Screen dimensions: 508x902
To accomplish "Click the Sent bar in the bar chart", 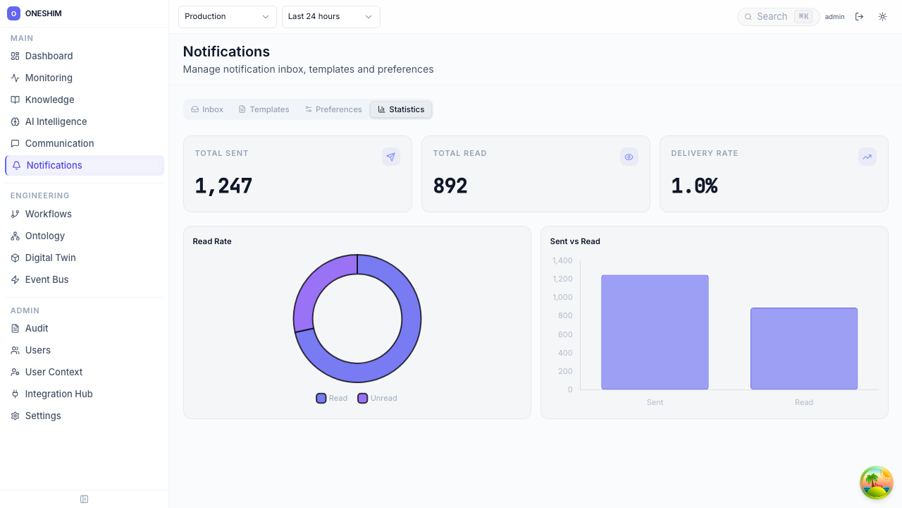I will (x=655, y=332).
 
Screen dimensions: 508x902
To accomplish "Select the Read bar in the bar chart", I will (x=804, y=348).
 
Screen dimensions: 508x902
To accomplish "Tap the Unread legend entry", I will (x=378, y=398).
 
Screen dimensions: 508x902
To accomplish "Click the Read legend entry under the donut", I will (x=332, y=398).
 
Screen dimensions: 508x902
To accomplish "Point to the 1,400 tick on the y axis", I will (x=562, y=260).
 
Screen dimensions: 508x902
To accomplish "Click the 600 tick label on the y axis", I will (x=565, y=334).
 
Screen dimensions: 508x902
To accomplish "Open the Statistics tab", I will (x=401, y=109).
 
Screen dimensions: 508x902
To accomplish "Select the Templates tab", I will (x=264, y=109).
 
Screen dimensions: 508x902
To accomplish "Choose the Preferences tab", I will (x=333, y=109).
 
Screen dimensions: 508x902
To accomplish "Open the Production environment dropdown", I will (x=227, y=16).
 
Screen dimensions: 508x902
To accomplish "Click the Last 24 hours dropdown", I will (x=330, y=16).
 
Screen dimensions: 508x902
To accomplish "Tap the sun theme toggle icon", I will (x=882, y=16).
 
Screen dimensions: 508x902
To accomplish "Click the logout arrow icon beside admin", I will (x=859, y=16).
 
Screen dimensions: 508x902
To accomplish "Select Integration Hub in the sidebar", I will (x=58, y=394).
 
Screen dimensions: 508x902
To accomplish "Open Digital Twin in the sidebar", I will (x=50, y=258).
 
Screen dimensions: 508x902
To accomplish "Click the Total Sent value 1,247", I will (x=223, y=186).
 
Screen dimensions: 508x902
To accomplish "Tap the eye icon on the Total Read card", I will (x=629, y=157).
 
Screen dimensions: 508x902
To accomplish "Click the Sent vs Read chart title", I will (x=575, y=241).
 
